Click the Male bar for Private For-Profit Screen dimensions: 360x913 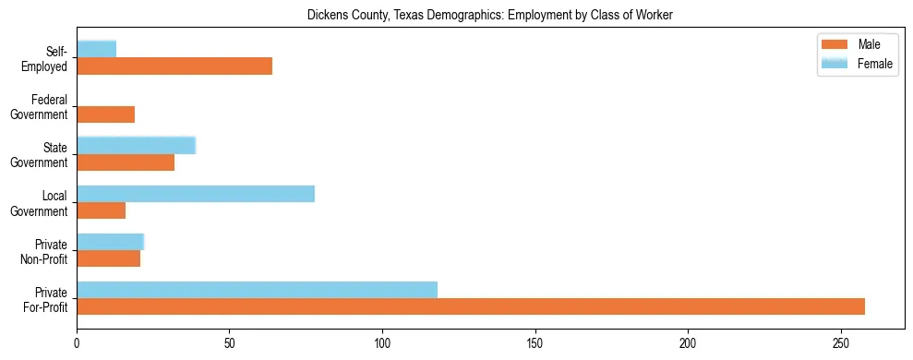click(x=471, y=306)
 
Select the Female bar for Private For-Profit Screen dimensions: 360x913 click(x=257, y=290)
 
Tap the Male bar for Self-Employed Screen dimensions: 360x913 click(x=174, y=66)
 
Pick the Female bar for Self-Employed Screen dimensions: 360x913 click(x=96, y=49)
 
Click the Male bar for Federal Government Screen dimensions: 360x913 click(x=105, y=114)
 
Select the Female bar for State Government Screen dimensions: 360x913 click(x=136, y=146)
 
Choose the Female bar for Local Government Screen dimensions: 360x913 click(x=196, y=194)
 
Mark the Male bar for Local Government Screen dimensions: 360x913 click(x=101, y=210)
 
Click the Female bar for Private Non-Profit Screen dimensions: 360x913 click(x=110, y=242)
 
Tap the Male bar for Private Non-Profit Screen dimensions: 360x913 click(x=108, y=258)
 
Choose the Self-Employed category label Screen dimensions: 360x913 click(x=51, y=58)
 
